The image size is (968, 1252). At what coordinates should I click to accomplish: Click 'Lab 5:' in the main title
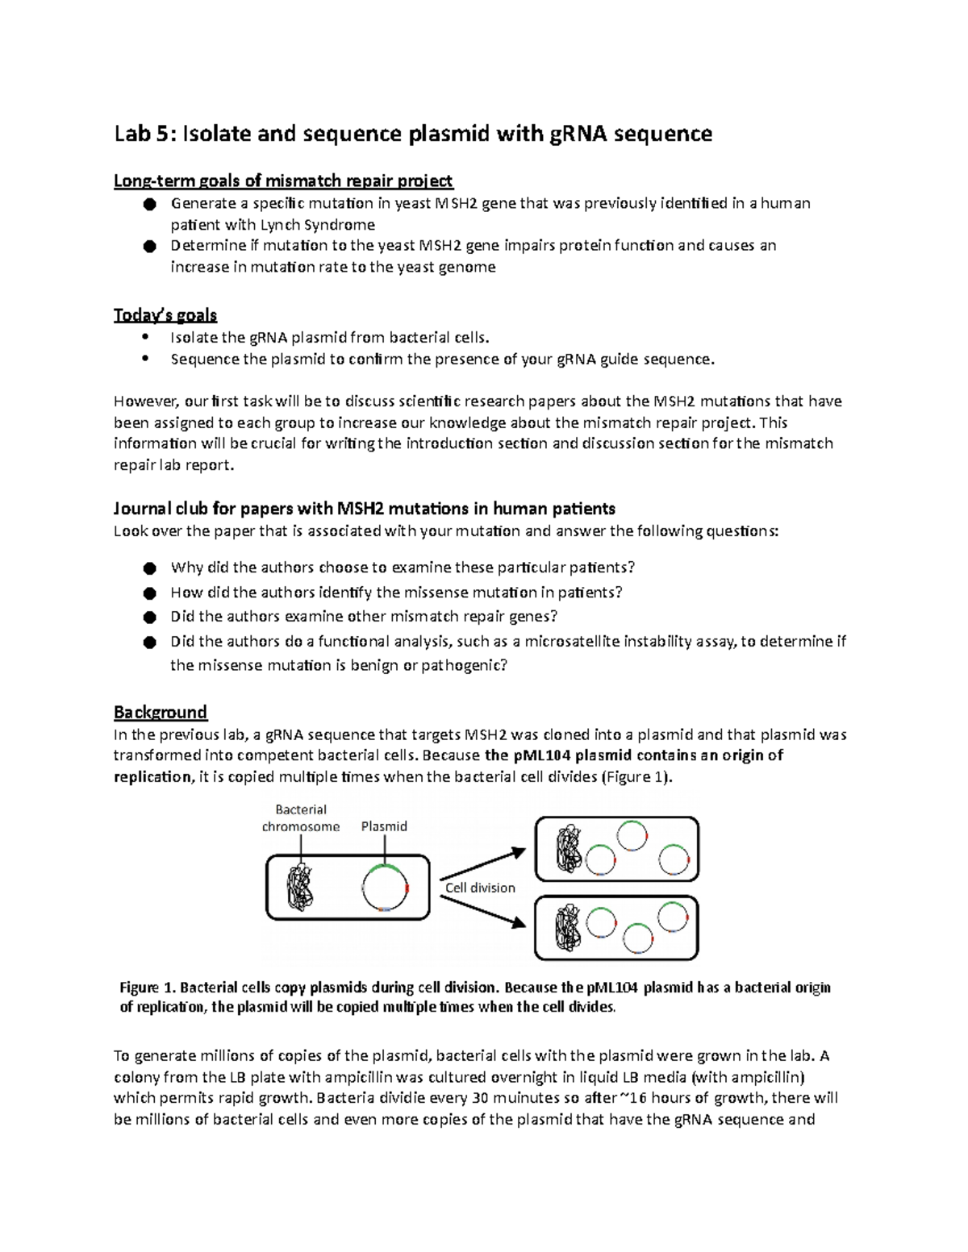(144, 134)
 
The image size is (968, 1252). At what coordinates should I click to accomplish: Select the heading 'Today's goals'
(165, 315)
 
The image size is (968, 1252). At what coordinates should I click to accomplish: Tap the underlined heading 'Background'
(161, 713)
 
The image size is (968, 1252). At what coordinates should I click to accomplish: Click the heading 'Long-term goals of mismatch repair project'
(283, 181)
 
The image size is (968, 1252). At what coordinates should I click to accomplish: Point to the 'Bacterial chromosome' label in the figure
(301, 818)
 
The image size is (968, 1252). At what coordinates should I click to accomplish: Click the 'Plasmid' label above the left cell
(384, 826)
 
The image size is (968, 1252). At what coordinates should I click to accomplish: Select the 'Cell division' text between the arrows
(480, 888)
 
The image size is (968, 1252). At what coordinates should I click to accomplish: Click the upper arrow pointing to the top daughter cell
(482, 863)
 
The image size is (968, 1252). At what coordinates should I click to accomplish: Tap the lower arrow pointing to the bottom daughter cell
(482, 911)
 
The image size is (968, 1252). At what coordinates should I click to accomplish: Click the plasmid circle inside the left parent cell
(386, 888)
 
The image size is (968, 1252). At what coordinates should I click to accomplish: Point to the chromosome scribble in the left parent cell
(301, 888)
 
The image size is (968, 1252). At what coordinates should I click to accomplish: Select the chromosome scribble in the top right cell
(569, 849)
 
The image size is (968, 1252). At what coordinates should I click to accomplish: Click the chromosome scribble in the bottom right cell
(569, 928)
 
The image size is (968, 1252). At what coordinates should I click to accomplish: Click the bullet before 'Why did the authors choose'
(149, 568)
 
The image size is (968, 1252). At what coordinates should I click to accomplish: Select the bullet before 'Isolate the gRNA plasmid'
(145, 337)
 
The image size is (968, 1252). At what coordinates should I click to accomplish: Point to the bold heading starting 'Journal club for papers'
(364, 509)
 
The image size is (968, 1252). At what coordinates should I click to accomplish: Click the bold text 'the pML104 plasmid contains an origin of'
(634, 756)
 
